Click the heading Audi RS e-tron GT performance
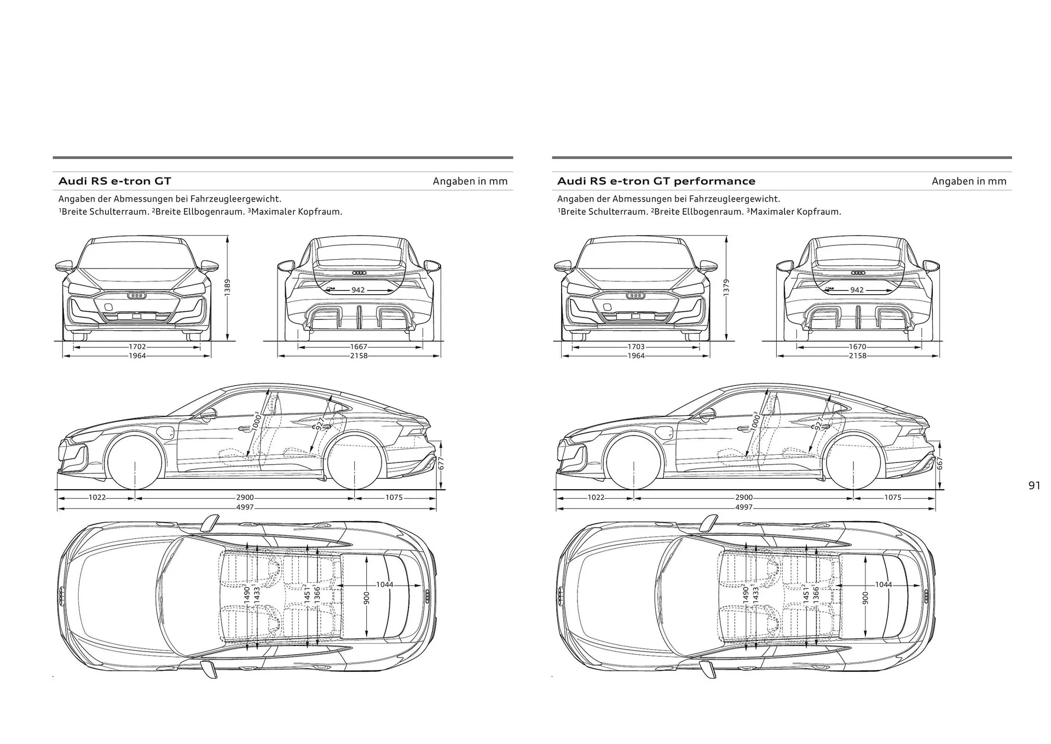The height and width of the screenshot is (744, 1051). pyautogui.click(x=656, y=181)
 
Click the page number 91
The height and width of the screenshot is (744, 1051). pyautogui.click(x=1034, y=485)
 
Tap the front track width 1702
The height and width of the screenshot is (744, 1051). pyautogui.click(x=137, y=347)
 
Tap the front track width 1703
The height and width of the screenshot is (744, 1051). pyautogui.click(x=636, y=347)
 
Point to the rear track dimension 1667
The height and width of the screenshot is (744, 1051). pyautogui.click(x=359, y=347)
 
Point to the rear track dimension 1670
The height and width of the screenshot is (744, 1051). pyautogui.click(x=858, y=347)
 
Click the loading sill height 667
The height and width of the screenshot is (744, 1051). pyautogui.click(x=940, y=463)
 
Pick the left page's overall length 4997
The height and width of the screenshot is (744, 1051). pyautogui.click(x=245, y=507)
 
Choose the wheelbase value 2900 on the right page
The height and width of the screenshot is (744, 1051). pyautogui.click(x=744, y=497)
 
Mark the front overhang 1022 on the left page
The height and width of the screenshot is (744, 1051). pyautogui.click(x=97, y=497)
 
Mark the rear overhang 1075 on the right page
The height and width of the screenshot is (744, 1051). pyautogui.click(x=892, y=497)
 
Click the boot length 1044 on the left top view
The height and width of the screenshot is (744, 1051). pyautogui.click(x=384, y=585)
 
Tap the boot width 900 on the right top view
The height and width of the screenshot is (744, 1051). pyautogui.click(x=865, y=597)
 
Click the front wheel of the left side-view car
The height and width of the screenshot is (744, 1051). pyautogui.click(x=135, y=462)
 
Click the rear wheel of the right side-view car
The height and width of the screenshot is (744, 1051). pyautogui.click(x=853, y=462)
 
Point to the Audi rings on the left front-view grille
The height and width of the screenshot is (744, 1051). pyautogui.click(x=137, y=296)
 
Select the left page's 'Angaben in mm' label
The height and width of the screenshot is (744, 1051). pyautogui.click(x=470, y=181)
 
